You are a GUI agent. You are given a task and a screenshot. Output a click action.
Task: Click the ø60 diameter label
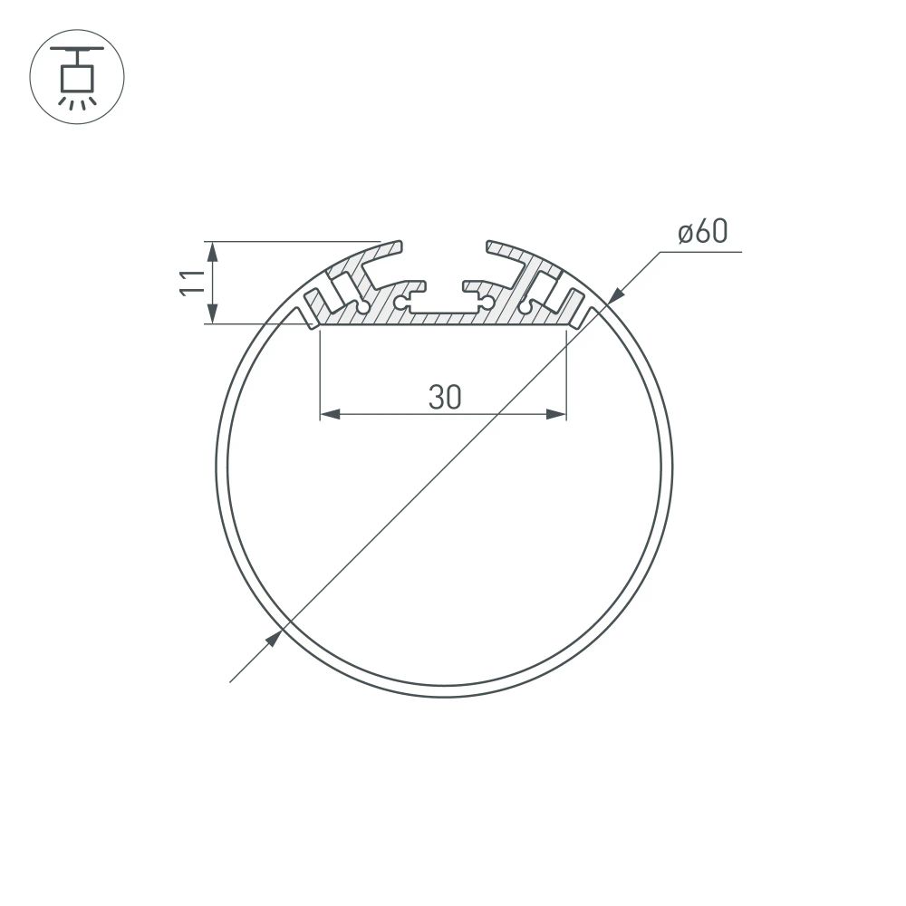coord(703,233)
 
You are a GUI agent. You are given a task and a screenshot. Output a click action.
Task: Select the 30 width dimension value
coord(445,397)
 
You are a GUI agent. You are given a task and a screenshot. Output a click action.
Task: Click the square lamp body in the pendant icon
coord(77,78)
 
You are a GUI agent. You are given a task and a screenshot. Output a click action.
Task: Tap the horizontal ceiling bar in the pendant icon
coord(77,47)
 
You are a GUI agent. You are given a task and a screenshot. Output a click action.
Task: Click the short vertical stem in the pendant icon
coord(77,56)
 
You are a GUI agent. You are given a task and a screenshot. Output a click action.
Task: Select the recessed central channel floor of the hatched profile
coord(444,312)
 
